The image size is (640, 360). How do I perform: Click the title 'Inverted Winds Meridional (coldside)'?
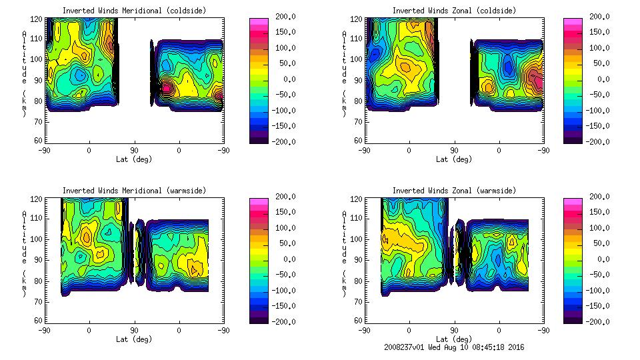click(x=134, y=11)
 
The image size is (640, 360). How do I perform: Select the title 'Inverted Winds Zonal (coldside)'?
click(x=454, y=11)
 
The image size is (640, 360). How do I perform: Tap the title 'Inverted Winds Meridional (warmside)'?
click(x=134, y=191)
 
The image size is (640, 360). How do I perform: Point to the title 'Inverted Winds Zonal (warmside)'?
click(x=454, y=191)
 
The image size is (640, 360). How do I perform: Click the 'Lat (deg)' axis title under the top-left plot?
click(x=134, y=159)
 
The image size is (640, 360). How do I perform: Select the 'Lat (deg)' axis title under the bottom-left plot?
click(x=134, y=339)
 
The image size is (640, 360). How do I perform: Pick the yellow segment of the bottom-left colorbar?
click(x=258, y=244)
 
